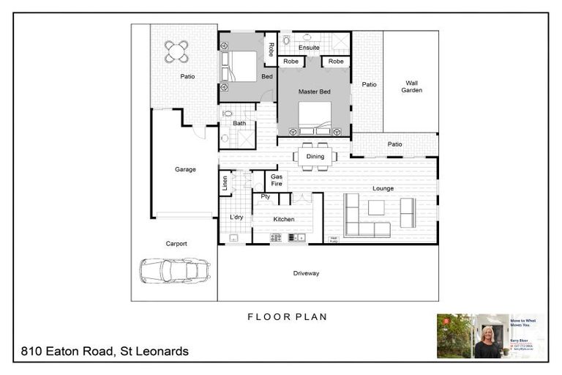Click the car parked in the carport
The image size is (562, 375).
tap(175, 270)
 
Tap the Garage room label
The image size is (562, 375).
tap(185, 169)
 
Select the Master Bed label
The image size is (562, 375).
tap(314, 92)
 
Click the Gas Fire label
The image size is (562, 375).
tap(277, 180)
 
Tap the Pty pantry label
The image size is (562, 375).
tap(265, 196)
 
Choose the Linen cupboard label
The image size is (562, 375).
tap(225, 182)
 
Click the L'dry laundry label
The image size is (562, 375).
tap(236, 218)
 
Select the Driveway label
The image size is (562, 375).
tap(306, 273)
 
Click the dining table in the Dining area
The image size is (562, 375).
tap(315, 156)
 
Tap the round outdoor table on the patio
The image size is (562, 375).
tap(176, 51)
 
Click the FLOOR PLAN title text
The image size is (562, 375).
tap(287, 317)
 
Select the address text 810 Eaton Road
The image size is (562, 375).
tap(105, 352)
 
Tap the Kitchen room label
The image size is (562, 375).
tap(284, 219)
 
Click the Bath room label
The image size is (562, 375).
tap(239, 123)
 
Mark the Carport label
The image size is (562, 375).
tap(176, 244)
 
